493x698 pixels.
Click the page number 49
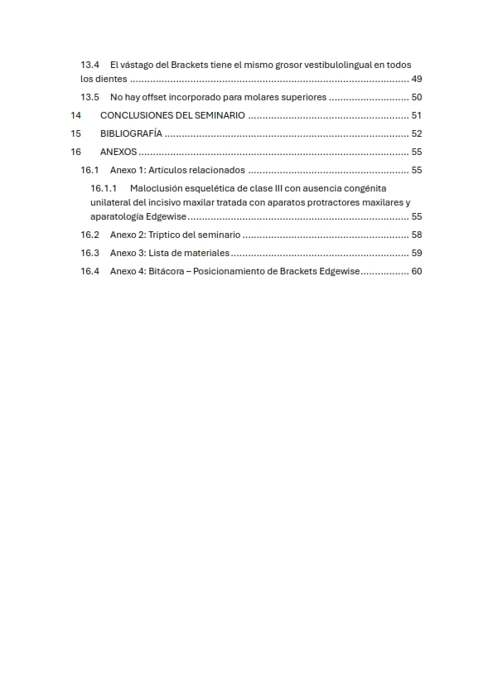417,80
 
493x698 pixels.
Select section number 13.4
89,65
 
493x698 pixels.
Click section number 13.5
89,98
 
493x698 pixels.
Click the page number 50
417,98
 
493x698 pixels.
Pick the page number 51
417,116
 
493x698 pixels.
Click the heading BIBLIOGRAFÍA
131,133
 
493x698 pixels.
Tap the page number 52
417,133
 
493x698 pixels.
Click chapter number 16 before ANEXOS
76,152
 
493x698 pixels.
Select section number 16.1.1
104,188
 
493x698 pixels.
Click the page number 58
417,235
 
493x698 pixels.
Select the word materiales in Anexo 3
205,253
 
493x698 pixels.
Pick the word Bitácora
168,271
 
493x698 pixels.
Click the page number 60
417,271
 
